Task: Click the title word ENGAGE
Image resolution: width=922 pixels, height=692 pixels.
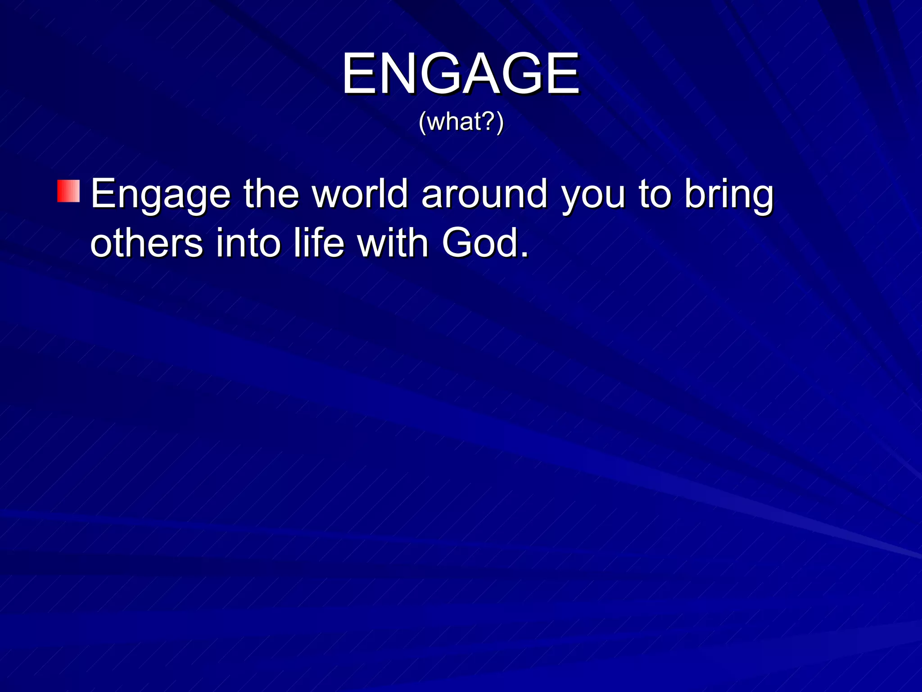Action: (461, 73)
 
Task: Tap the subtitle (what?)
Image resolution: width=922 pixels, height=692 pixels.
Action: (461, 122)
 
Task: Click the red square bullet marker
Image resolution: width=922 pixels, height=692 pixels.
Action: (68, 191)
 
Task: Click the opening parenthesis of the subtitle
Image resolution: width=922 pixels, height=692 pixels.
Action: (422, 122)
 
